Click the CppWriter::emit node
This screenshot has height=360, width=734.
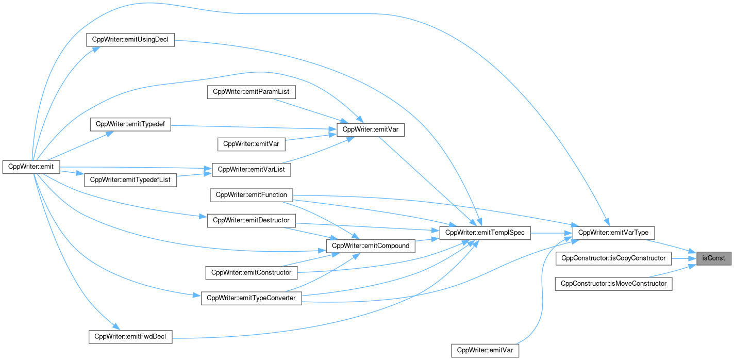pyautogui.click(x=32, y=167)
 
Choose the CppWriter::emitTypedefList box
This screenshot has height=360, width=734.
pyautogui.click(x=130, y=180)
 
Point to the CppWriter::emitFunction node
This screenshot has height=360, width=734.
pyautogui.click(x=252, y=194)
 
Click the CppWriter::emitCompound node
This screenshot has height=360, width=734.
pyautogui.click(x=371, y=246)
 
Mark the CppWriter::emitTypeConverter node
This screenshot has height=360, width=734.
pyautogui.click(x=251, y=298)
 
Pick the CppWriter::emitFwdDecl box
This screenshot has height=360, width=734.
pyautogui.click(x=130, y=337)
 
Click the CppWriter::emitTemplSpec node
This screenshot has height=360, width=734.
pyautogui.click(x=485, y=233)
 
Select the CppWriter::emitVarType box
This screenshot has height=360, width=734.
pyautogui.click(x=613, y=233)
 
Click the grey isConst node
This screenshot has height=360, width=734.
pyautogui.click(x=713, y=258)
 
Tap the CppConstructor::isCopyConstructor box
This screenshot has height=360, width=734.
pyautogui.click(x=613, y=258)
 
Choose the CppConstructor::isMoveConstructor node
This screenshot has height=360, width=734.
pyautogui.click(x=613, y=283)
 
